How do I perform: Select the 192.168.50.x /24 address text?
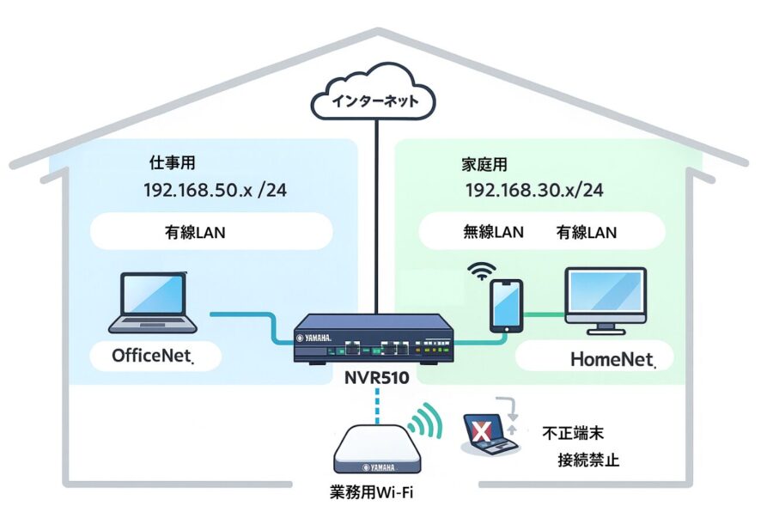coord(216,190)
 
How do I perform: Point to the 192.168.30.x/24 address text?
coord(534,191)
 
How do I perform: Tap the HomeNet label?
coord(612,359)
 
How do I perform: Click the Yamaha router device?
coord(374,340)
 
